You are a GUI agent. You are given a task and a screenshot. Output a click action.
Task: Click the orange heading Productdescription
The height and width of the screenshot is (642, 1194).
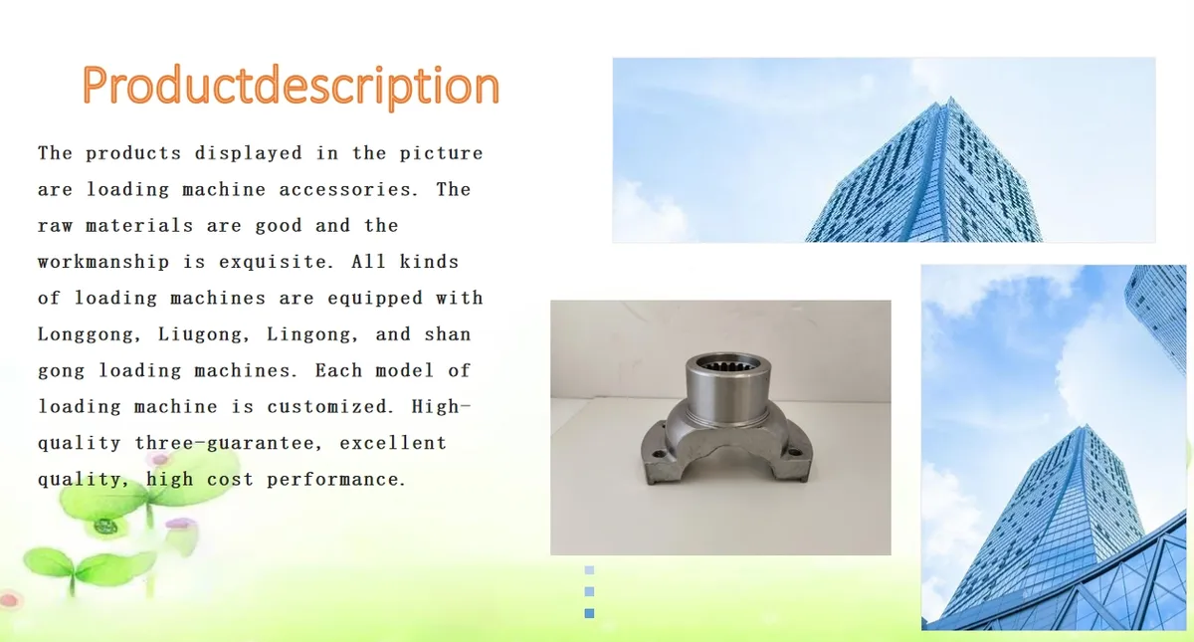291,86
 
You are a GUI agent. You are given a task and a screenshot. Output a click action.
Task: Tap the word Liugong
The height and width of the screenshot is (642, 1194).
204,334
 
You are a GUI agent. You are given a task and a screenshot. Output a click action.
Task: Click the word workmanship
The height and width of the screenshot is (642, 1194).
103,262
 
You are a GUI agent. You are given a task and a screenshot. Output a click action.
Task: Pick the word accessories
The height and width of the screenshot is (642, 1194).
348,190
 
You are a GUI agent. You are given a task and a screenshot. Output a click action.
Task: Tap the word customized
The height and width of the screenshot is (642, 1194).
330,407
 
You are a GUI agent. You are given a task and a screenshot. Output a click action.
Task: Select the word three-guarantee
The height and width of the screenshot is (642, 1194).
229,443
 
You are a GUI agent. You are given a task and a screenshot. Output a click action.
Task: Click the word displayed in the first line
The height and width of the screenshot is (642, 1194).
249,153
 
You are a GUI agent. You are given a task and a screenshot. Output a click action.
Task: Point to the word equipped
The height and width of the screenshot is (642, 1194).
375,298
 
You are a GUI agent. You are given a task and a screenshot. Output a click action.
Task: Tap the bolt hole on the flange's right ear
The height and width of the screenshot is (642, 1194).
795,452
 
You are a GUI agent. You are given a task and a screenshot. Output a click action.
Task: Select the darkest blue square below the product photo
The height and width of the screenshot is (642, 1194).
589,613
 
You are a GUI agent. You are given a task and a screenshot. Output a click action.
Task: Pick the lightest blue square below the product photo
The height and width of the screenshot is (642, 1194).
589,570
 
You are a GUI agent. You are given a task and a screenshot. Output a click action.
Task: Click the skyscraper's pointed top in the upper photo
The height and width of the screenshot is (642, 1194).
950,99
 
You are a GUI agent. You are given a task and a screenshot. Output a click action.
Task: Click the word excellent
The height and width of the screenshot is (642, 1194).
393,443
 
